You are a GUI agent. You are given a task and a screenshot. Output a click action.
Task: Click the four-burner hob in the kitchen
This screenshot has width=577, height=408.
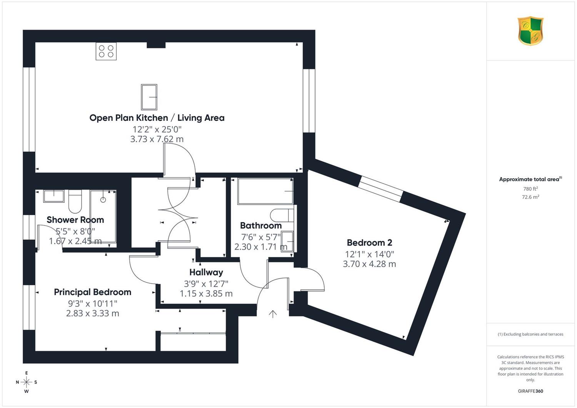(x=106, y=51)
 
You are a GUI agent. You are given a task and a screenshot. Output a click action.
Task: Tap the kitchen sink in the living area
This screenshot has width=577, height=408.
(x=149, y=97)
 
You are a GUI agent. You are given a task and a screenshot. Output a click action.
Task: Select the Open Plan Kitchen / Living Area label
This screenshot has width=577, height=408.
(x=157, y=118)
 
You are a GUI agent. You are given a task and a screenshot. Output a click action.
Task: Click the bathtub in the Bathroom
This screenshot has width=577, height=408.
(x=265, y=191)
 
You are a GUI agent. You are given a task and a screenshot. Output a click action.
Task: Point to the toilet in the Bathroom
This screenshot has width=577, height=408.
(x=282, y=215)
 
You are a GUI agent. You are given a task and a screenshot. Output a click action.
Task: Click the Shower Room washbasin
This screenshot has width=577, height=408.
(x=53, y=196)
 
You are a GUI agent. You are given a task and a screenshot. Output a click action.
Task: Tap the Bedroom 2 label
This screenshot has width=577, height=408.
(x=369, y=242)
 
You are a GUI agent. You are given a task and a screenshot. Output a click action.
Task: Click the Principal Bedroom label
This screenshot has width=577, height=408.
(x=92, y=292)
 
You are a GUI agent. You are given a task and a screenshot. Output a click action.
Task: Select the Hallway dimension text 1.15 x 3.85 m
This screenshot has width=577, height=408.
(x=206, y=294)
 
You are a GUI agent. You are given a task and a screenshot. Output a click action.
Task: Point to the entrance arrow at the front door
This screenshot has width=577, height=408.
(x=273, y=314)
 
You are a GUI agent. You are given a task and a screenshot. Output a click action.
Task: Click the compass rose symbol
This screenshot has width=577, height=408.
(x=26, y=382)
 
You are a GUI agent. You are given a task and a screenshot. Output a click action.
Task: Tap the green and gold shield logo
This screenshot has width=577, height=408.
(x=530, y=31)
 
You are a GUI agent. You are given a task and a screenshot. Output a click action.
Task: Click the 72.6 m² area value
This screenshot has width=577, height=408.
(x=530, y=197)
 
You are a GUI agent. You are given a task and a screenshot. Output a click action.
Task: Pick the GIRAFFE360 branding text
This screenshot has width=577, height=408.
(x=530, y=391)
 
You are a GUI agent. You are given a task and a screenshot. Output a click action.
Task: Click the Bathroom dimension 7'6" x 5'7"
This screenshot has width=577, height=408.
(x=261, y=237)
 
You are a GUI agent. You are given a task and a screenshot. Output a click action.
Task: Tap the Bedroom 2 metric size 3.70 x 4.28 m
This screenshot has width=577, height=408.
(x=369, y=264)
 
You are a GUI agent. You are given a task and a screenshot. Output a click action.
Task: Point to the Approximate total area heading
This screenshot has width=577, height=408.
(x=530, y=179)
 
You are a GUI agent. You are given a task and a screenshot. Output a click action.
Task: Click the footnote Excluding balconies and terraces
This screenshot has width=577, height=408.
(x=530, y=334)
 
